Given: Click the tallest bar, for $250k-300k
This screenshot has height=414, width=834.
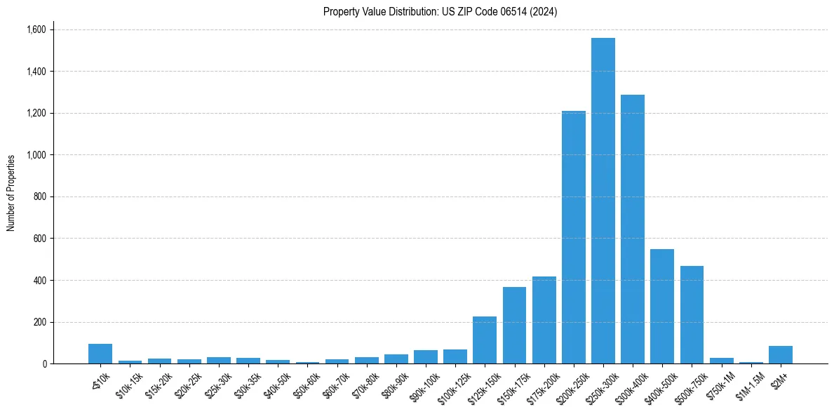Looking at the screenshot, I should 603,201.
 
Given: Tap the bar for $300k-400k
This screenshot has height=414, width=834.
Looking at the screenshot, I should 632,229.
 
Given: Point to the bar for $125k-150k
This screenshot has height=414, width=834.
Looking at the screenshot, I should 485,340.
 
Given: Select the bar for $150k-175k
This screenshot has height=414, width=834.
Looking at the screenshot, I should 514,326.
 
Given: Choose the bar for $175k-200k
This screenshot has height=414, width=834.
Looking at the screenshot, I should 544,320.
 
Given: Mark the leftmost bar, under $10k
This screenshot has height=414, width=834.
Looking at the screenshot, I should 100,354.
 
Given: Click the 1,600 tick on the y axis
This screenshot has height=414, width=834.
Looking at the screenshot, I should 36,29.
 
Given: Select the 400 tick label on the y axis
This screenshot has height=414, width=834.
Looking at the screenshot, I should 41,281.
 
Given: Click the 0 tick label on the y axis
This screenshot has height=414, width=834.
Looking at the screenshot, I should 44,364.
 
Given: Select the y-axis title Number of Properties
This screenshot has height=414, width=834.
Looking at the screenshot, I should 11,193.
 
